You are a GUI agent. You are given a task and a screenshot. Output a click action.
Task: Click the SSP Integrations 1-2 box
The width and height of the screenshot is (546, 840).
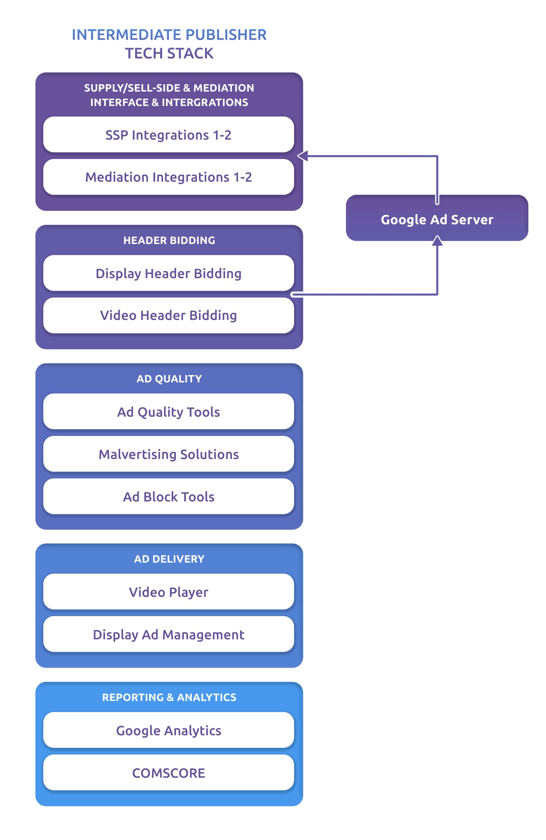168,135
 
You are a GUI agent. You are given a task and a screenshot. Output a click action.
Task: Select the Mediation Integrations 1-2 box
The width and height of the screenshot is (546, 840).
168,177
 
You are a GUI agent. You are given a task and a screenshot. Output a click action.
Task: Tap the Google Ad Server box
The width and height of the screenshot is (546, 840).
437,219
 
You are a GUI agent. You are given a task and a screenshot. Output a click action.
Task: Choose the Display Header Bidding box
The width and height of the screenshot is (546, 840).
168,273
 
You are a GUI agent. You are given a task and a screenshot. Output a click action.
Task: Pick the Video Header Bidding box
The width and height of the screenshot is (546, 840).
168,315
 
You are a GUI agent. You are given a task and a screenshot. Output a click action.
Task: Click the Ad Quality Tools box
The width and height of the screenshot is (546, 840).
168,412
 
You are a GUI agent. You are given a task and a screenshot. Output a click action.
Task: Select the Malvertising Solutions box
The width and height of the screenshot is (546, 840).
168,454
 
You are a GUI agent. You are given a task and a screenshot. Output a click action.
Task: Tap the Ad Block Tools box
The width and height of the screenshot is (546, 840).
168,496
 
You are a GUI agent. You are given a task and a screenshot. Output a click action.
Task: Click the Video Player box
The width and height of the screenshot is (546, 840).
168,592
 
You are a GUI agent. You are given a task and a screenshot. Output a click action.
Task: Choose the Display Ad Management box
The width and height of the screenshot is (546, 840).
168,634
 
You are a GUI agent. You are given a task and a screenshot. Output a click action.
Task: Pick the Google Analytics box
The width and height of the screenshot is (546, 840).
168,730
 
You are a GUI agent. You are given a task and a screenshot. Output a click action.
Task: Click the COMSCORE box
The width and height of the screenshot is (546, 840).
168,773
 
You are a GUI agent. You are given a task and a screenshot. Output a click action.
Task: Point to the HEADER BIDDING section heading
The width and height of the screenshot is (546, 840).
169,240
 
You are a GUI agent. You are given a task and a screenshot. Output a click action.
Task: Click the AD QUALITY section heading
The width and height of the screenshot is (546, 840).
169,379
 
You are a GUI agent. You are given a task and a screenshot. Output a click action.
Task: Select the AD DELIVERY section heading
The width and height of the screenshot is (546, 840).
169,559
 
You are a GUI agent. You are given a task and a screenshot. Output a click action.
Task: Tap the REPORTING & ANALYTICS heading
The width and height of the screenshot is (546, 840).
169,697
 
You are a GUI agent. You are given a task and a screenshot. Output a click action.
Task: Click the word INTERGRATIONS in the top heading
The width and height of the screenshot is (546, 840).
205,102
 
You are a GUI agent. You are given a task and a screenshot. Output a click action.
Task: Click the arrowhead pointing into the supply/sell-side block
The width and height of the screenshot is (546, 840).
303,156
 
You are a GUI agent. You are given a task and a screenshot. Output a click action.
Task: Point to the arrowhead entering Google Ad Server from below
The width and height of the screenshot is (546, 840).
437,240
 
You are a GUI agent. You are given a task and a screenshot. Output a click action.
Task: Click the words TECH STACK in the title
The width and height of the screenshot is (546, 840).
169,53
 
